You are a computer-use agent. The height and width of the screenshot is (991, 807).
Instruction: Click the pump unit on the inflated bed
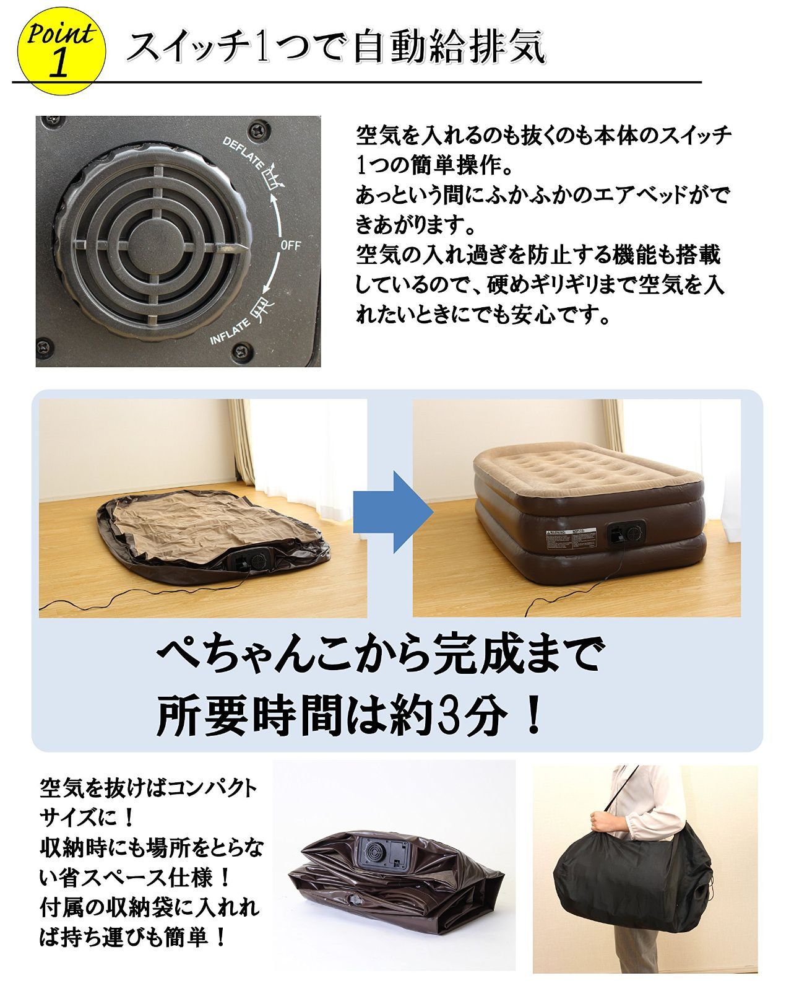point(626,533)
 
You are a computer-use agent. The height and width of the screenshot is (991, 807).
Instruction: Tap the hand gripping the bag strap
point(607,821)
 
